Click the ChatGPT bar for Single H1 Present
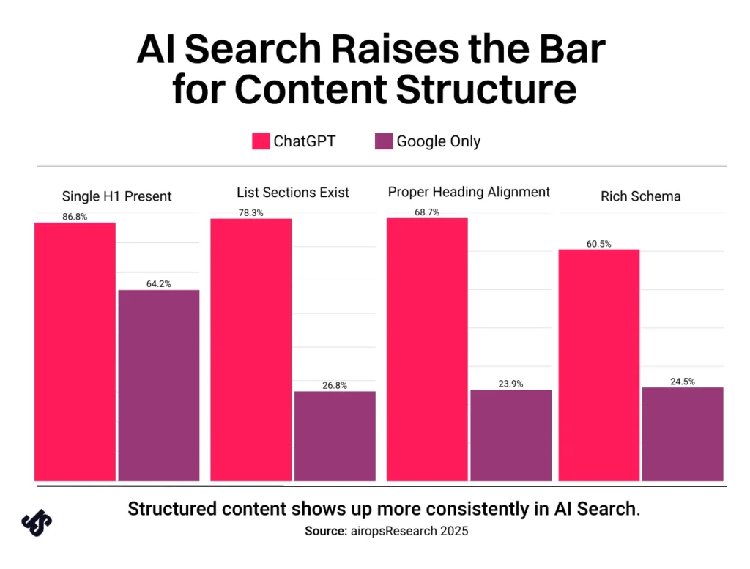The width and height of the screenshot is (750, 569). click(x=75, y=352)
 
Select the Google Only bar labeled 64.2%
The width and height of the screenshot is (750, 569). click(x=159, y=385)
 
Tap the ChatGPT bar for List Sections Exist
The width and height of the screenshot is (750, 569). click(x=251, y=350)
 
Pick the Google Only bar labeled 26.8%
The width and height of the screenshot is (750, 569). click(x=335, y=436)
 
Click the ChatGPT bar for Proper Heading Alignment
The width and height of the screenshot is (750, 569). click(x=427, y=349)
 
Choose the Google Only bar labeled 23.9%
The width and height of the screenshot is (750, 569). click(x=510, y=435)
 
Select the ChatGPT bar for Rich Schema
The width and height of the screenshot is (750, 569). click(x=599, y=365)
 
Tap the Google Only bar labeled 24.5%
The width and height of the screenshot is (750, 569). click(x=683, y=434)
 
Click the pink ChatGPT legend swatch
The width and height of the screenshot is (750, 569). click(x=261, y=141)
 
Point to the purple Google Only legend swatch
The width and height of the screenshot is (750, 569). click(x=384, y=141)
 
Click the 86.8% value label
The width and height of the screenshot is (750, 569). click(x=75, y=217)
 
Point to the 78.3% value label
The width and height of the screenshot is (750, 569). click(x=250, y=213)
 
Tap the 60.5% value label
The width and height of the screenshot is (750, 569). click(x=599, y=244)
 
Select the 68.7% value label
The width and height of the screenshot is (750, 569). click(x=427, y=212)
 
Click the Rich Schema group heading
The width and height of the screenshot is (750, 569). click(x=640, y=196)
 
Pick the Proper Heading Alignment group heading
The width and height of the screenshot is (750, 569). click(x=469, y=192)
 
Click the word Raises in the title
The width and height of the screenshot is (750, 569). click(x=395, y=49)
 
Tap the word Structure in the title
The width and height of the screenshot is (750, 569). click(x=486, y=89)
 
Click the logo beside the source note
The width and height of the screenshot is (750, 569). click(x=37, y=523)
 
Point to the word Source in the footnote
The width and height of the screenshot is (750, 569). click(x=326, y=531)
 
